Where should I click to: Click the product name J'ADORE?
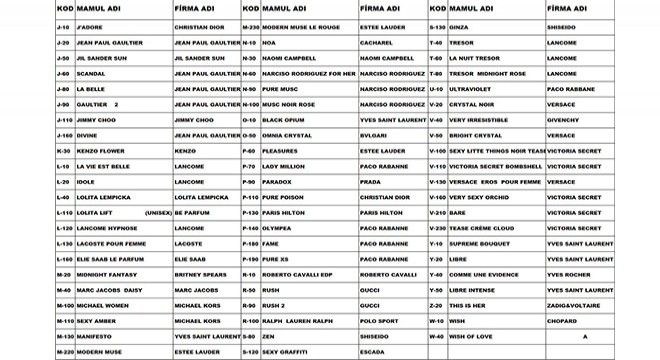pos(91,27)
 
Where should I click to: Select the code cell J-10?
pos(63,27)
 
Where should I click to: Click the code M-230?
pos(251,27)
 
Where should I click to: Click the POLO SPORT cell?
pos(379,321)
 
